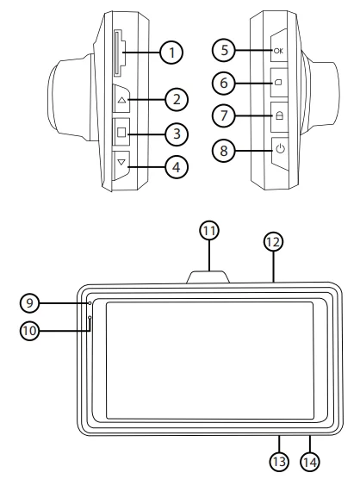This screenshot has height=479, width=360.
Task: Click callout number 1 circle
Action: tap(173, 53)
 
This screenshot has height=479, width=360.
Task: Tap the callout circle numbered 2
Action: tap(177, 100)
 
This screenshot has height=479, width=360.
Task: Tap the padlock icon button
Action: tap(280, 115)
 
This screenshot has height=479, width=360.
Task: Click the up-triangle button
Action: tap(121, 101)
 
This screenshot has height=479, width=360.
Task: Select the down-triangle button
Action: tap(121, 162)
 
